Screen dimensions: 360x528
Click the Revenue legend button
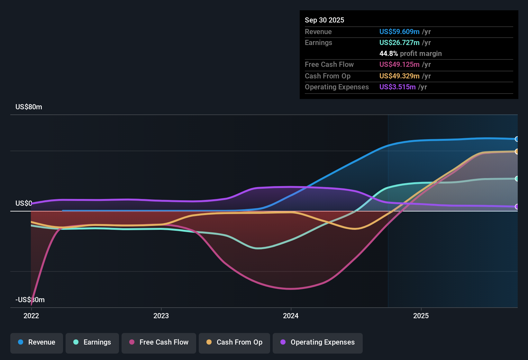[37, 342]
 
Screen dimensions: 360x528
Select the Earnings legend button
[92, 342]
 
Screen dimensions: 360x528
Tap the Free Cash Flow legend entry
[159, 342]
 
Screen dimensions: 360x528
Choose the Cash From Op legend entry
[234, 342]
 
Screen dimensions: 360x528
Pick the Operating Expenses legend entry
[318, 342]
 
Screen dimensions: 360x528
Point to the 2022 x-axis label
[31, 316]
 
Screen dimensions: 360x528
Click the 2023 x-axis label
[161, 316]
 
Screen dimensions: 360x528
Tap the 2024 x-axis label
[291, 316]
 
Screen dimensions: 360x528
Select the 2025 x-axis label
[421, 316]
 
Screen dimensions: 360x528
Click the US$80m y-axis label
[29, 107]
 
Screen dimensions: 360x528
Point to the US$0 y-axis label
[23, 203]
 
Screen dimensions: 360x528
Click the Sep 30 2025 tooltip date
[324, 20]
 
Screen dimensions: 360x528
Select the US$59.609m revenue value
[399, 32]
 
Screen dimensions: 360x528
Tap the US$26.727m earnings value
[399, 42]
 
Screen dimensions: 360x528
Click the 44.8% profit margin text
[410, 53]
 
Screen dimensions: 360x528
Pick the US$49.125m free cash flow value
[399, 64]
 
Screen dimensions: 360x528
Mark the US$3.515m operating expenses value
[397, 87]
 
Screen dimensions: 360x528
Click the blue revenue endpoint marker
[517, 139]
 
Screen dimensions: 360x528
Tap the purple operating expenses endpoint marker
[517, 207]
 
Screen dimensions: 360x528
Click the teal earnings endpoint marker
[517, 179]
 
